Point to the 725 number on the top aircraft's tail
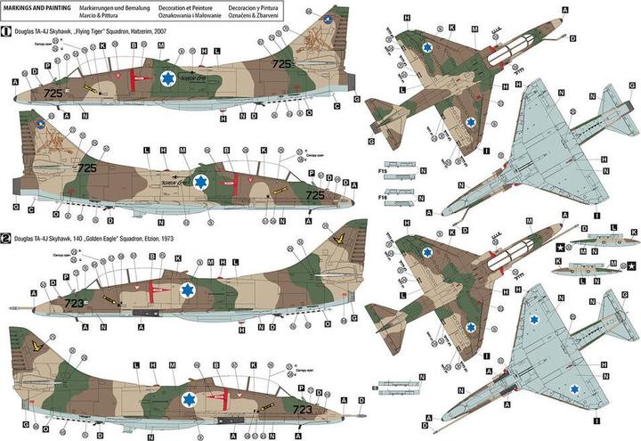[x=281, y=64]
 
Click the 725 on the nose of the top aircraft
[x=53, y=93]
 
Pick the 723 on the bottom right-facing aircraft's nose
[x=303, y=385]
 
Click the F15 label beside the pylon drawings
[x=383, y=169]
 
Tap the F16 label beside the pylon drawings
[x=383, y=196]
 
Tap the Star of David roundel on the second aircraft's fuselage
[x=202, y=182]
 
